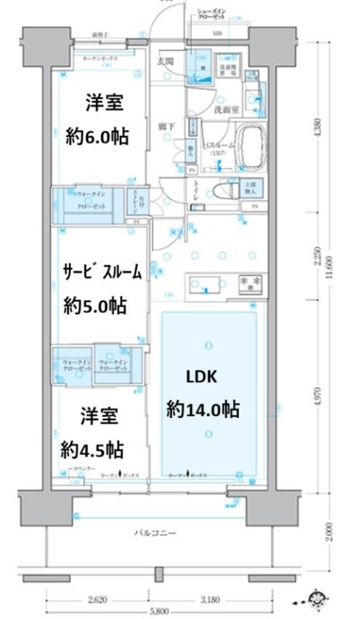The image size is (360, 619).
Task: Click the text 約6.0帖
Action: tap(97, 137)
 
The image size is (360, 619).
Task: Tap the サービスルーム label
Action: tap(102, 272)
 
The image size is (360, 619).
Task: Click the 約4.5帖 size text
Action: tap(94, 449)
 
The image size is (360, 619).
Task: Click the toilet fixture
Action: tap(225, 190)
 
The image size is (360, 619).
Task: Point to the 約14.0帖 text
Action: tap(203, 409)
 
